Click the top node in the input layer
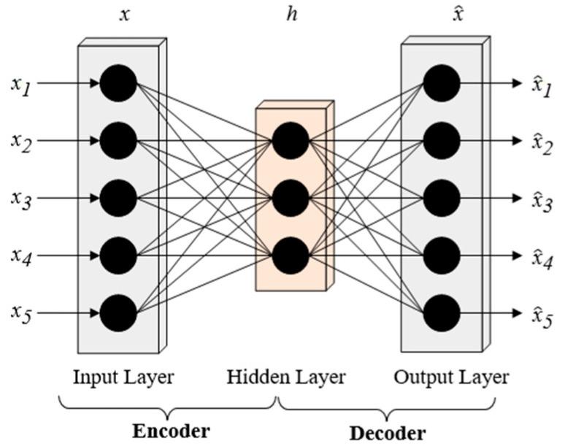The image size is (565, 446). click(x=118, y=82)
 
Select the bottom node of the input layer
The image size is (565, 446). click(x=118, y=313)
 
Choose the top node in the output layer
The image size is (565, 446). click(x=442, y=82)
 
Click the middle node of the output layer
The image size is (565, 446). click(x=442, y=198)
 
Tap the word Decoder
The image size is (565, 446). click(x=387, y=431)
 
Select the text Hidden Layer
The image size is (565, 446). click(x=285, y=377)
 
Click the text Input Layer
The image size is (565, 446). click(x=123, y=377)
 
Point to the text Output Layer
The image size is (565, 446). click(x=451, y=377)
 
